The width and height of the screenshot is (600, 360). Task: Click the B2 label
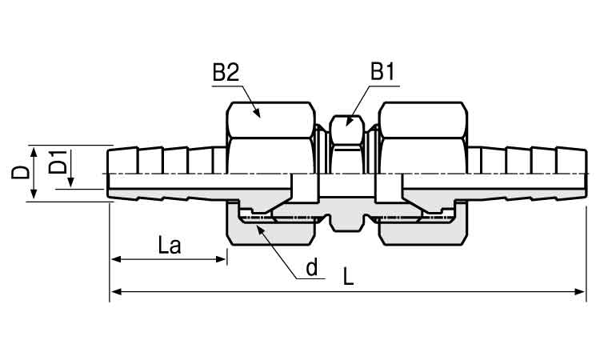[x=226, y=72]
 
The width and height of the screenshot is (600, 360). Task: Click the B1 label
[x=382, y=71]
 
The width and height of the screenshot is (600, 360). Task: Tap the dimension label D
[x=20, y=172]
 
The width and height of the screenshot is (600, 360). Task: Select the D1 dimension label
[x=58, y=162]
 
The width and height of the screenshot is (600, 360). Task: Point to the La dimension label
[x=170, y=246]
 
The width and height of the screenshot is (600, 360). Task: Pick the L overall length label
[x=348, y=276]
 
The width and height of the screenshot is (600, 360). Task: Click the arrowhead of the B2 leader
[x=257, y=113]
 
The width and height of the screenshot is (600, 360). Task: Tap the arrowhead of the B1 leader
[x=348, y=122]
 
